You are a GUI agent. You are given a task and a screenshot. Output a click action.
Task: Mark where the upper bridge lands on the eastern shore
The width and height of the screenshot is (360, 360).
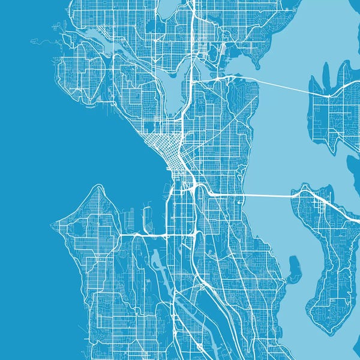[x=329, y=95]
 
